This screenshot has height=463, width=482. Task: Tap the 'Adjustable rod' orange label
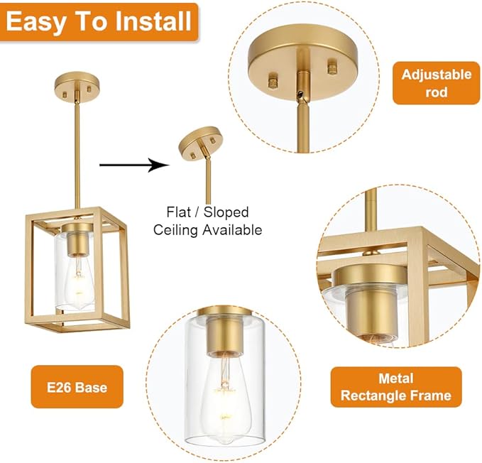coord(437,83)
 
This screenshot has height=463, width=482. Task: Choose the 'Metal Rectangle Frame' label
coord(395,386)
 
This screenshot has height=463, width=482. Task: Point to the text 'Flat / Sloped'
coord(208,212)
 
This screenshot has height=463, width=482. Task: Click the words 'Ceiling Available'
coord(208,229)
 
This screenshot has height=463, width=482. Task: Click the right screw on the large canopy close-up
coord(332,68)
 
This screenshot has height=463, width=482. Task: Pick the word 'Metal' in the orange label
coord(395,378)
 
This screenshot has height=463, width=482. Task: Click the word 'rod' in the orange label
coord(437,92)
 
